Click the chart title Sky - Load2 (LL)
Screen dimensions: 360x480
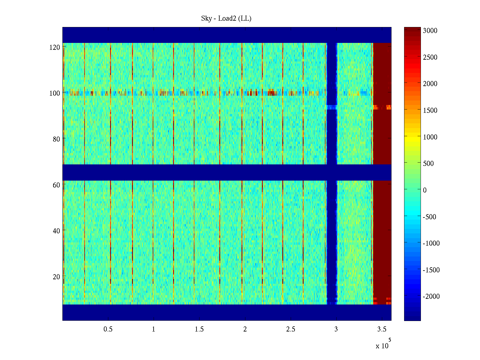tap(226, 19)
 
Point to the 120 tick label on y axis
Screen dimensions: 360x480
tap(55, 47)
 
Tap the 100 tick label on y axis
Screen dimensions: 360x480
tap(55, 93)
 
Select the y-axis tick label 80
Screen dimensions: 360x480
tap(56, 139)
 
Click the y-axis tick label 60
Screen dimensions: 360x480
tap(56, 185)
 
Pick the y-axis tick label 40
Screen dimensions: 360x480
tap(56, 231)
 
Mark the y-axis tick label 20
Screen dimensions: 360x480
tap(56, 277)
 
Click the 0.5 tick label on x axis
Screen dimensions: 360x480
tap(108, 329)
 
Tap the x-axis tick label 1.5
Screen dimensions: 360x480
tap(199, 329)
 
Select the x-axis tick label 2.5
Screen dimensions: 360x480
tap(290, 329)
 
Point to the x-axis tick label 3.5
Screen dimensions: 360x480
tap(382, 329)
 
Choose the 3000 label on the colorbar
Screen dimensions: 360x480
tap(430, 31)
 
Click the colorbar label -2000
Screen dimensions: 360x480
tap(431, 297)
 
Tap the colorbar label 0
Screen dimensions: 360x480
tap(424, 190)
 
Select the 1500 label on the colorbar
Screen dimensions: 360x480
tap(430, 110)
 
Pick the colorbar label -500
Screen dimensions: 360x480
tap(429, 217)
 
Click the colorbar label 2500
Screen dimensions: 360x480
tap(430, 57)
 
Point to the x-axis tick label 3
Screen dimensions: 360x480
tap(336, 329)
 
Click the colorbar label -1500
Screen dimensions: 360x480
tap(431, 270)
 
